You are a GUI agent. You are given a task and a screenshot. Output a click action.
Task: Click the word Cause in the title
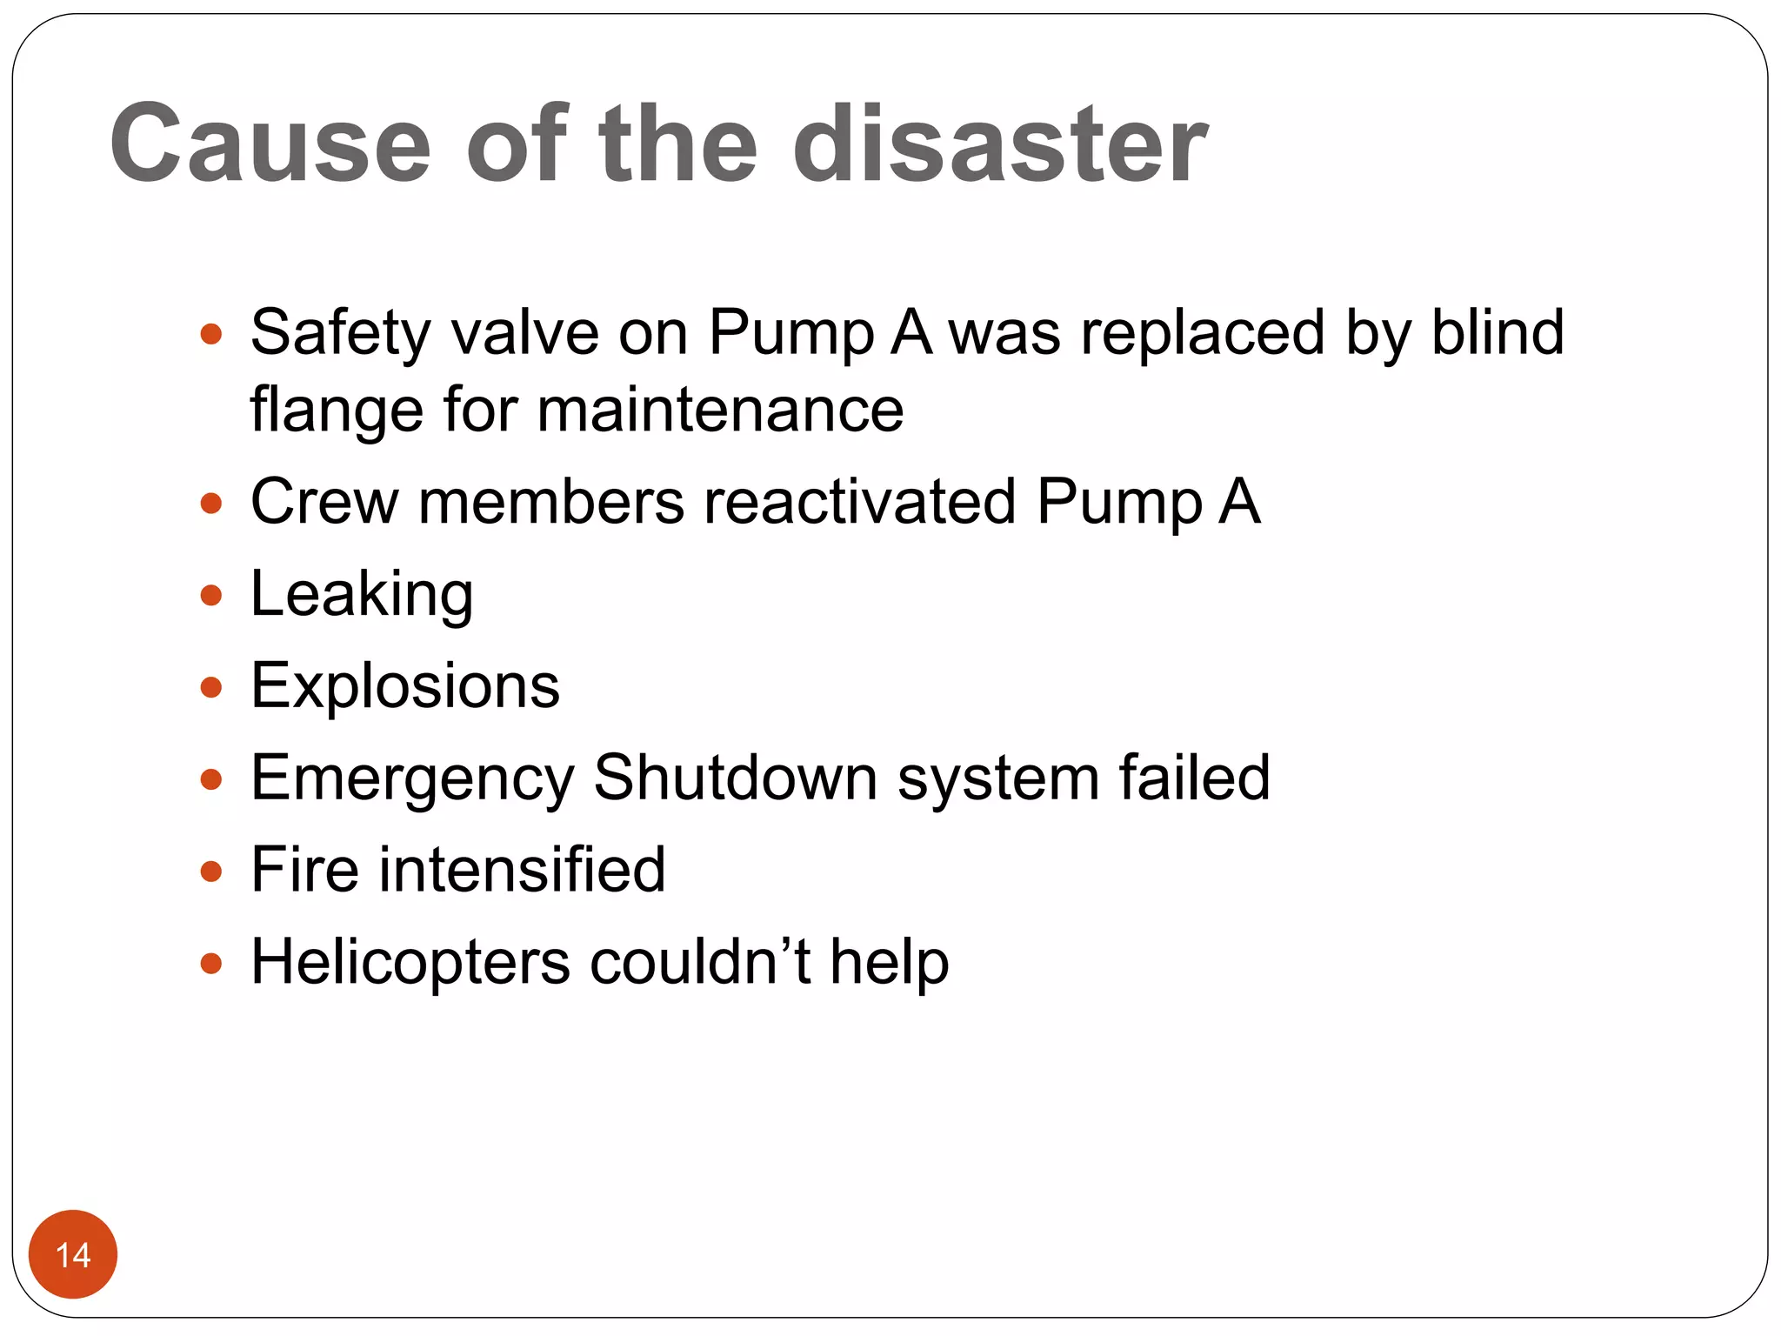[x=270, y=144]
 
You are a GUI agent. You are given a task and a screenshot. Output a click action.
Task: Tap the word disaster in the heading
[x=1000, y=144]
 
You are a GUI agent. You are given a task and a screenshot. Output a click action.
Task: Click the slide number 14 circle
[x=73, y=1254]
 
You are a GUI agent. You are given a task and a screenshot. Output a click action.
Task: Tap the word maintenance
[x=720, y=410]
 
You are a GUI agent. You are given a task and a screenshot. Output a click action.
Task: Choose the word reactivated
[x=860, y=502]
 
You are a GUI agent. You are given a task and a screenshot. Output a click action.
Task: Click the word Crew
[x=324, y=502]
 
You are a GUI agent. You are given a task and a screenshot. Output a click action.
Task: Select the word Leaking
[x=362, y=595]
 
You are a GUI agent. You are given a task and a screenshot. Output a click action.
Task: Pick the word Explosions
[x=405, y=686]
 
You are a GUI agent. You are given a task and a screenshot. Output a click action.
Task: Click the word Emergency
[x=412, y=778]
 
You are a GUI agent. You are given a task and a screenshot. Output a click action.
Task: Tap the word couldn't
[x=700, y=962]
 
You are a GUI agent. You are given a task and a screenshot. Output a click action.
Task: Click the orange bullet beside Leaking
[x=211, y=596]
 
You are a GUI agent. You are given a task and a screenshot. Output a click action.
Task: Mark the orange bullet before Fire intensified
[x=211, y=871]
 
